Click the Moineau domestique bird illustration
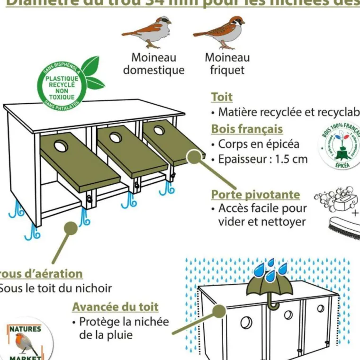pyautogui.click(x=147, y=32)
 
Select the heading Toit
pyautogui.click(x=222, y=97)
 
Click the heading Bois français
pyautogui.click(x=247, y=129)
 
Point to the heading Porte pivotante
pyautogui.click(x=255, y=195)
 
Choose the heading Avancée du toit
pyautogui.click(x=115, y=307)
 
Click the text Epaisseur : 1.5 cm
pyautogui.click(x=262, y=159)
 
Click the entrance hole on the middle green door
pyautogui.click(x=115, y=138)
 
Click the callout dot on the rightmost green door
pyautogui.click(x=193, y=158)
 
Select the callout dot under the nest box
pyautogui.click(x=71, y=228)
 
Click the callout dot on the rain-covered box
pyautogui.click(x=219, y=311)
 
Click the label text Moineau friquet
pyautogui.click(x=227, y=64)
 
